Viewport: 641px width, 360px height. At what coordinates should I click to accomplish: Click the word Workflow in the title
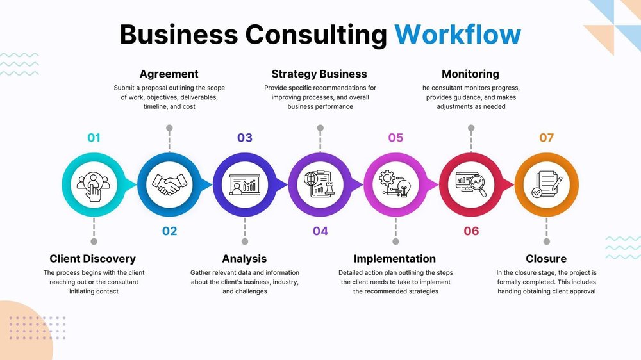pos(458,35)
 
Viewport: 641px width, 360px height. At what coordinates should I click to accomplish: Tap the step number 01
pos(94,138)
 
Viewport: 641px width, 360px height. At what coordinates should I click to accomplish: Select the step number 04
pos(320,231)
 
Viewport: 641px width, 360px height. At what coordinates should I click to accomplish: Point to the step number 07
pos(547,138)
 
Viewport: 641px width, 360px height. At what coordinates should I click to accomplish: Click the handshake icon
pos(169,184)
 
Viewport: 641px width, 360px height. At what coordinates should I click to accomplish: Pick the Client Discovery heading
pos(92,259)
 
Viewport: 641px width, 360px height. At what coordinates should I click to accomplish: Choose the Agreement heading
pos(169,74)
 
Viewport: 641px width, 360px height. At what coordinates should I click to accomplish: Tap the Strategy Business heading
pos(319,74)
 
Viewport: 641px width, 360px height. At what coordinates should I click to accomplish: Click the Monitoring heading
pos(470,74)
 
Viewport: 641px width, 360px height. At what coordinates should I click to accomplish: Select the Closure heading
pos(546,259)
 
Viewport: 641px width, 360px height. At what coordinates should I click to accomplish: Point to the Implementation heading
pos(394,259)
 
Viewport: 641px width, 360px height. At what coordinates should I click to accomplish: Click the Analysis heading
pos(244,259)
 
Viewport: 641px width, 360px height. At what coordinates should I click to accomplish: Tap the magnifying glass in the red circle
pos(478,184)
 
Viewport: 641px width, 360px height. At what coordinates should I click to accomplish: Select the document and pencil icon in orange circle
pos(547,184)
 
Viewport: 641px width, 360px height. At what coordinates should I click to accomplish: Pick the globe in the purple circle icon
pos(311,179)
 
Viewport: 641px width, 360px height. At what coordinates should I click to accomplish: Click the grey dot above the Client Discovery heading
pos(94,241)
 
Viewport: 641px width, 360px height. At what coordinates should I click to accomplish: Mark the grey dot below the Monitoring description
pos(471,128)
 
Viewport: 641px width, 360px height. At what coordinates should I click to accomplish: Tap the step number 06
pos(471,231)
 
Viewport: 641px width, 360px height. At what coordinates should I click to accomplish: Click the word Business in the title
pos(179,35)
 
